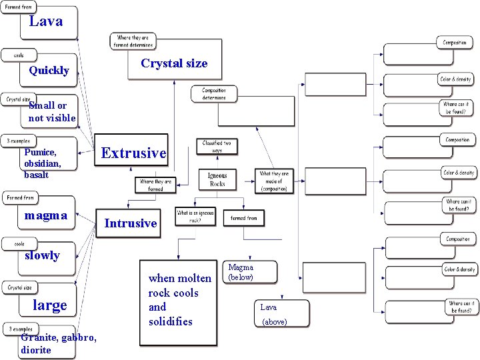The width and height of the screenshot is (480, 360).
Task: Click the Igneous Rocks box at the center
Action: [217, 179]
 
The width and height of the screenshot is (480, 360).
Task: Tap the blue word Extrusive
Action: [133, 153]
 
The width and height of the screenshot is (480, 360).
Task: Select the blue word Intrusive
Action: [131, 223]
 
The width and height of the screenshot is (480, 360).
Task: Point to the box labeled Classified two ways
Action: [217, 147]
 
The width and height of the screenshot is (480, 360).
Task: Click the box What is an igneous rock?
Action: [195, 216]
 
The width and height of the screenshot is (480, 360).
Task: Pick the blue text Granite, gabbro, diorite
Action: [59, 343]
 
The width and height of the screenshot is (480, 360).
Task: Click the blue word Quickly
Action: [49, 71]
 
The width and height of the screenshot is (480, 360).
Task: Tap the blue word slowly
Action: [42, 255]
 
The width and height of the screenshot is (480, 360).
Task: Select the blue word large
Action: [50, 305]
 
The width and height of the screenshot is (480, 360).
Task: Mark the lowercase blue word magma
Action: [45, 215]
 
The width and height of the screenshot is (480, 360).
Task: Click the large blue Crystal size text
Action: [174, 64]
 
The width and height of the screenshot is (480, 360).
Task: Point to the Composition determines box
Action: [213, 94]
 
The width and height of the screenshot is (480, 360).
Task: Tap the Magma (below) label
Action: [241, 272]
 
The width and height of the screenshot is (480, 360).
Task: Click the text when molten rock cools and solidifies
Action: [179, 300]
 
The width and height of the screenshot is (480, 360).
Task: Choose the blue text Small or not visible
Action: [52, 112]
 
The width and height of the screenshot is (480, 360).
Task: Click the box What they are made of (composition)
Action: [274, 181]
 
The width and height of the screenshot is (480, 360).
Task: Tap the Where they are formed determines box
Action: [133, 41]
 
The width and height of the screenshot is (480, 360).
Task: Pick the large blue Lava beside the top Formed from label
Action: [46, 21]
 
